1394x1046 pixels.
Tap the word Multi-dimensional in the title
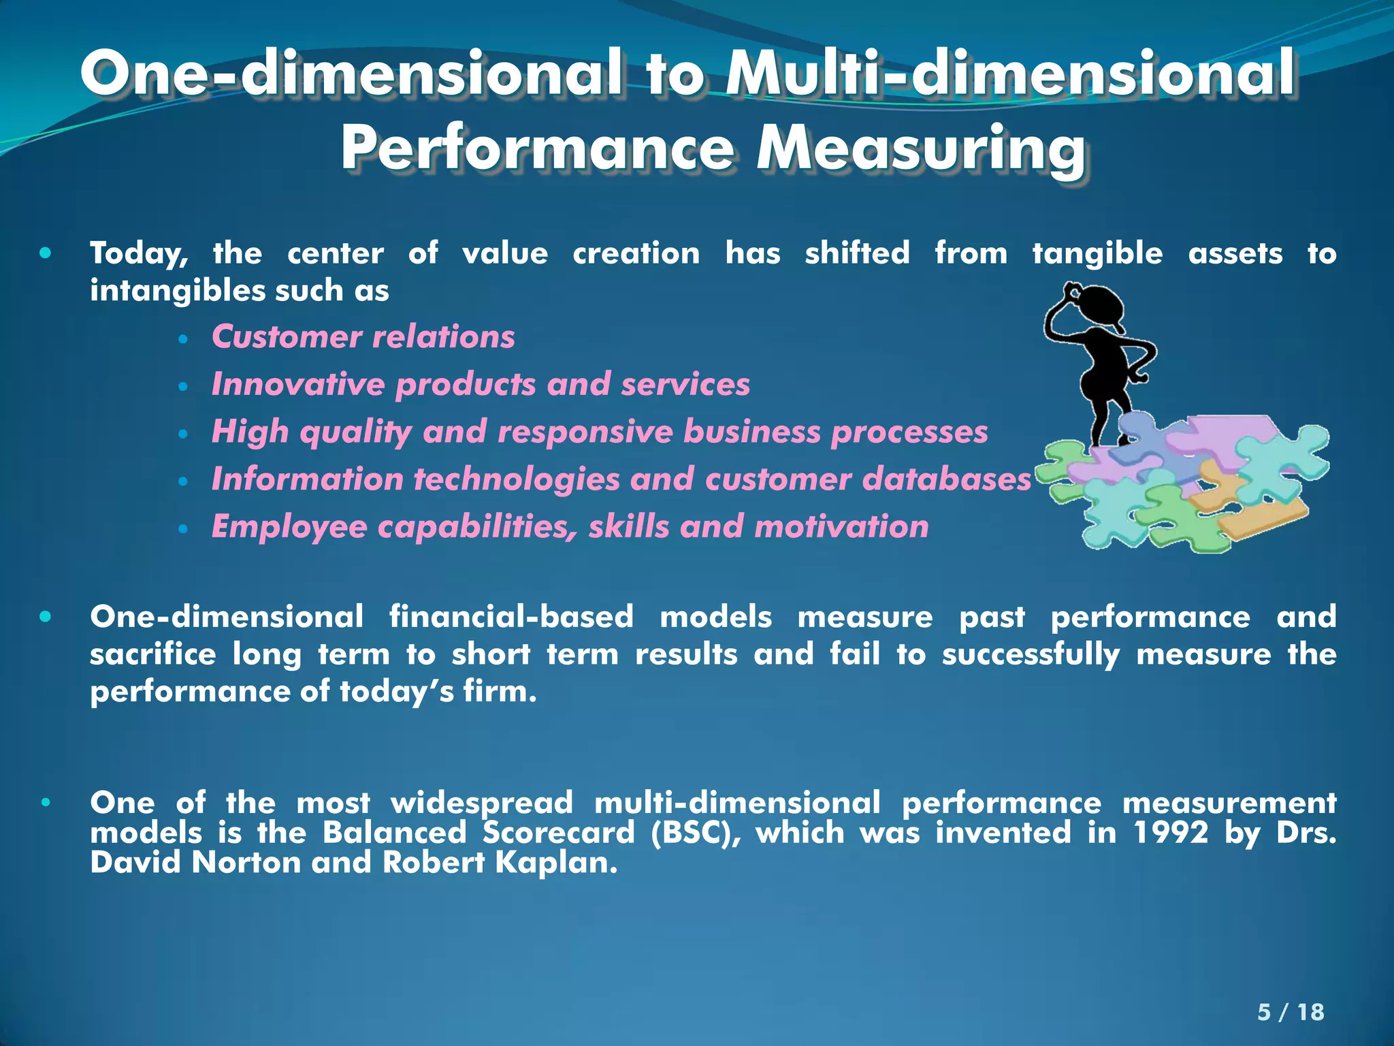1010,74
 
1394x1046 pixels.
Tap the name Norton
246,863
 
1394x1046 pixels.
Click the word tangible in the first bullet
1097,253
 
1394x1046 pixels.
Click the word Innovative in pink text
298,384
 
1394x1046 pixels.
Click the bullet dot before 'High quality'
182,434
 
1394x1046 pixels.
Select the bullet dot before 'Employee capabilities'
182,528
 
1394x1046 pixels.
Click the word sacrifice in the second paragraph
152,654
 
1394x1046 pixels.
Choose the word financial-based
511,617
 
